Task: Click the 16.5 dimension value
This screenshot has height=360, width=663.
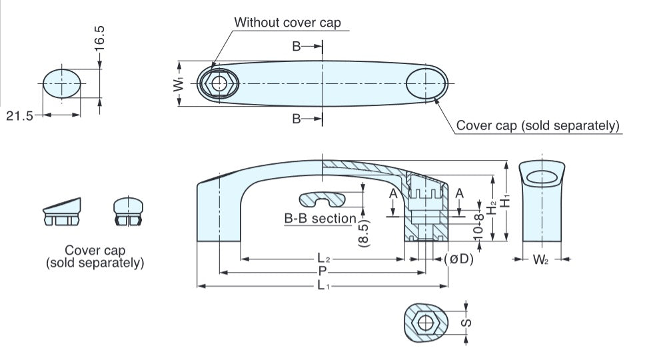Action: click(99, 39)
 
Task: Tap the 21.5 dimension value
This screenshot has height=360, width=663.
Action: click(19, 115)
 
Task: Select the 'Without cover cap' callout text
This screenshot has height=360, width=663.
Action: click(287, 22)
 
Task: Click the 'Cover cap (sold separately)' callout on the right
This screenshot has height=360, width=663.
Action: click(538, 125)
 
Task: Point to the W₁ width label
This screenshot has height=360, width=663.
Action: click(178, 84)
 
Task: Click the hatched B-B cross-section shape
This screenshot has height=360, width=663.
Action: click(323, 198)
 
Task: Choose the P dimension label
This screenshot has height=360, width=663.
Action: click(323, 271)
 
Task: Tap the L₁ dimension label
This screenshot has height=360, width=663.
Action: click(323, 286)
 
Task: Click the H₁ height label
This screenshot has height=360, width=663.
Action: click(506, 199)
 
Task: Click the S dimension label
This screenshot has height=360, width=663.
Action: click(467, 323)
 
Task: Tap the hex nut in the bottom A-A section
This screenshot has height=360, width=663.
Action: click(424, 323)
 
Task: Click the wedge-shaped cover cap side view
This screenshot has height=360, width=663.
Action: click(61, 212)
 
